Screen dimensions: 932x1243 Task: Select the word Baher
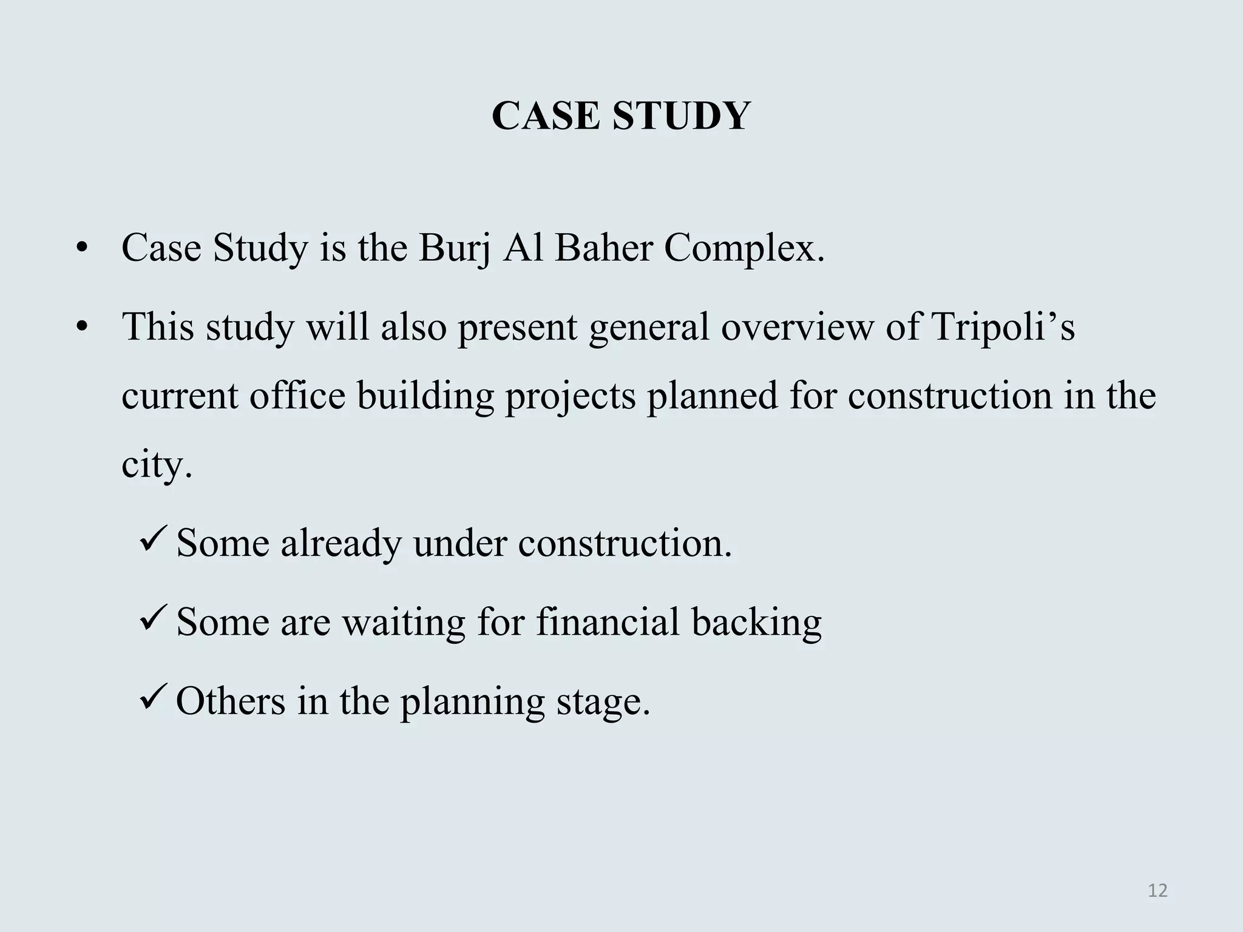pos(603,248)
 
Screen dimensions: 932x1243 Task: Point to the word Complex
pos(745,248)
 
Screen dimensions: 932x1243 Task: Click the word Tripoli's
pos(1003,326)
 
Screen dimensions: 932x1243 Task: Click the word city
pos(157,464)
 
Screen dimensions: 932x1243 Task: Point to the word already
pos(341,542)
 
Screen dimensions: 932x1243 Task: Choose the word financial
pos(608,622)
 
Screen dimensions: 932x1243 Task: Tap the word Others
pos(230,701)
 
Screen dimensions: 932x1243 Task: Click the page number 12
pos(1158,891)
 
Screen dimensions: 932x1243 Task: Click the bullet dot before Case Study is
pos(83,249)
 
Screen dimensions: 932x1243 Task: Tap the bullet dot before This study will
pos(83,328)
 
